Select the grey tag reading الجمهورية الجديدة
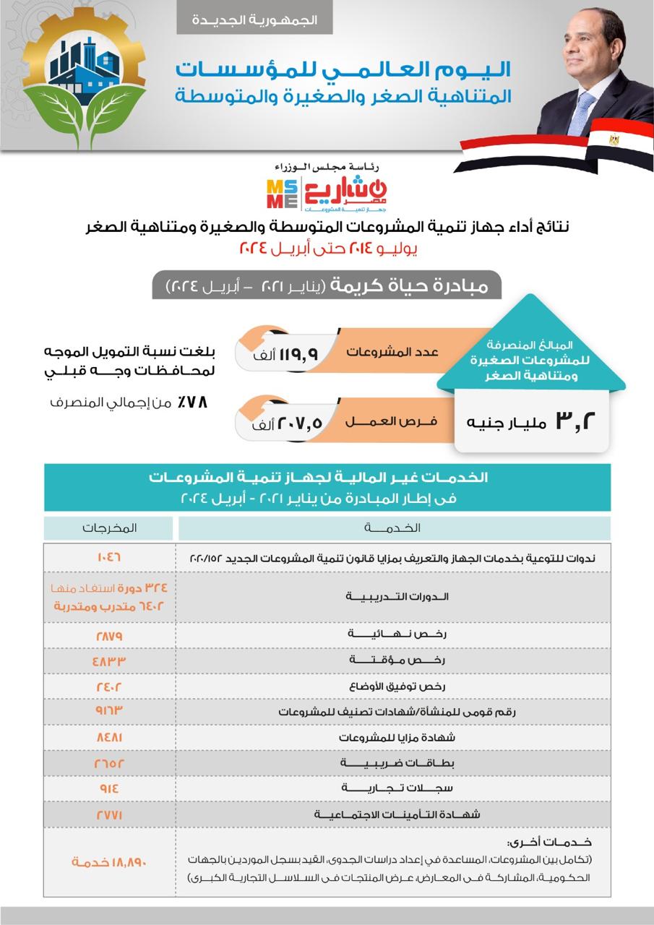(254, 20)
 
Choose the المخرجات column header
(108, 528)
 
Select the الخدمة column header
(394, 528)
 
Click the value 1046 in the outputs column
(108, 558)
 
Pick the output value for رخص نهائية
(108, 635)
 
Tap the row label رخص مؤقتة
(393, 661)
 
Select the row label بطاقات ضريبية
(393, 763)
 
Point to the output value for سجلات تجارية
(108, 788)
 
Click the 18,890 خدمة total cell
(108, 862)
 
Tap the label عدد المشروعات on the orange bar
(393, 352)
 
